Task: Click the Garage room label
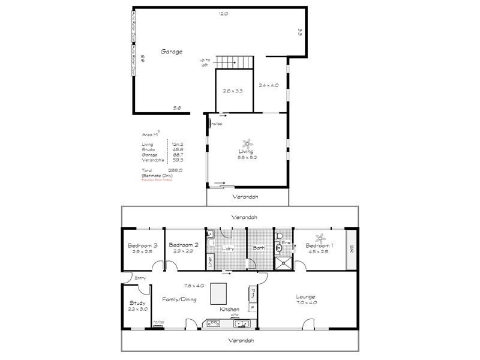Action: (171, 52)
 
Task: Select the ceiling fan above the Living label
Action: (247, 144)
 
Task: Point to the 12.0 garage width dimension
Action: (223, 13)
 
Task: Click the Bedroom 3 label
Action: (143, 245)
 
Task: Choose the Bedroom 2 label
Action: (184, 245)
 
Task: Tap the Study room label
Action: (137, 303)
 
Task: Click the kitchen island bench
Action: (221, 295)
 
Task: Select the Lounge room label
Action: (306, 297)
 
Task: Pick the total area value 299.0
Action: (176, 170)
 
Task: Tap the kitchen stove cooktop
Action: (213, 323)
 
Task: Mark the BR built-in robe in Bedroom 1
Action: (351, 248)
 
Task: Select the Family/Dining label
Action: (179, 298)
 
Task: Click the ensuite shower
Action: (283, 261)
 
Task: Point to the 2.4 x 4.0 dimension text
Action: (269, 86)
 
